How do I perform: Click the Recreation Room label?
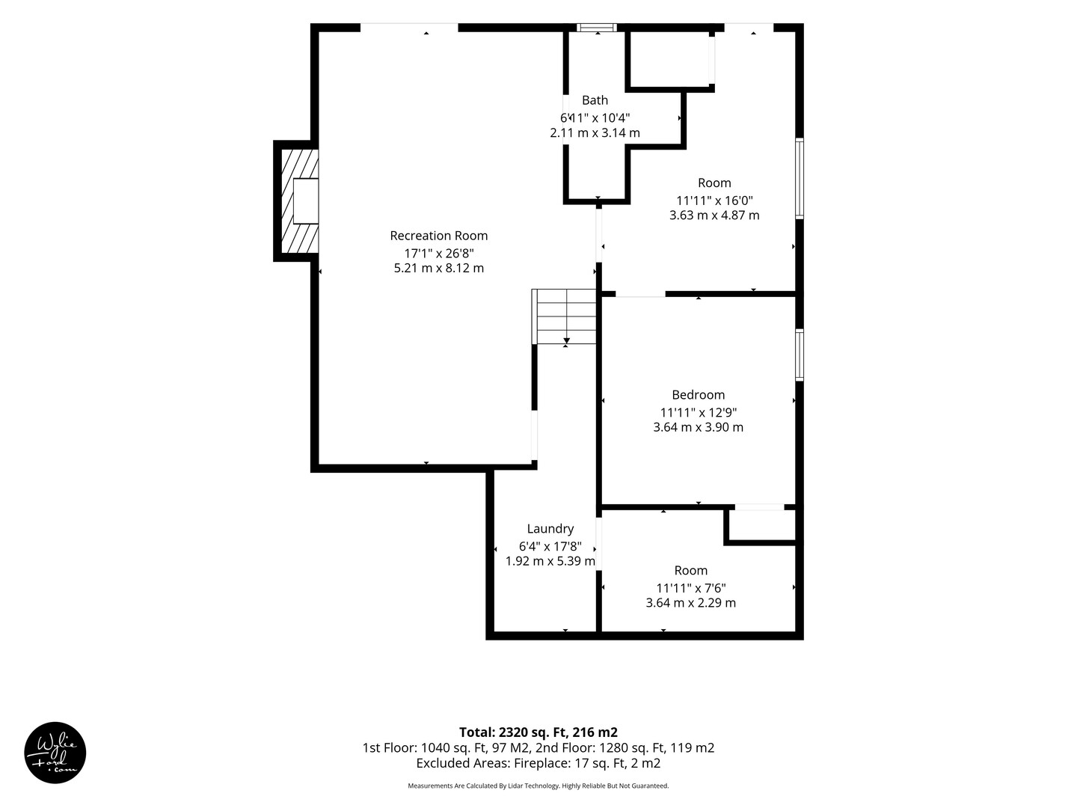pos(438,236)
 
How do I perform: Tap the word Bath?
pos(595,100)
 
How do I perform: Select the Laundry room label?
pos(550,528)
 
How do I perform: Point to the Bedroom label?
pos(698,394)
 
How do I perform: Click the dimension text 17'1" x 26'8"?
pos(438,253)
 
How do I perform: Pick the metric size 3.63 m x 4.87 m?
pos(714,215)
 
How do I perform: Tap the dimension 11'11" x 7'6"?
pos(691,588)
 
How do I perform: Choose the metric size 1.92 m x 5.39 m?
pos(550,561)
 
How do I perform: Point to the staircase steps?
pos(564,316)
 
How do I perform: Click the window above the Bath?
pos(597,28)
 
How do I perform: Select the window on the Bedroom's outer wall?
pos(800,355)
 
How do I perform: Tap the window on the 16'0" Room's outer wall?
pos(800,179)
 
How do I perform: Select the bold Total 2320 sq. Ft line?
pos(538,732)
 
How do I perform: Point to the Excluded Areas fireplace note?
pos(538,763)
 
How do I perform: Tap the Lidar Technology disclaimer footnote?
pos(538,786)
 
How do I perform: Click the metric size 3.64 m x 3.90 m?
pos(698,426)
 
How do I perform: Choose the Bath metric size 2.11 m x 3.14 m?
pos(595,132)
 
